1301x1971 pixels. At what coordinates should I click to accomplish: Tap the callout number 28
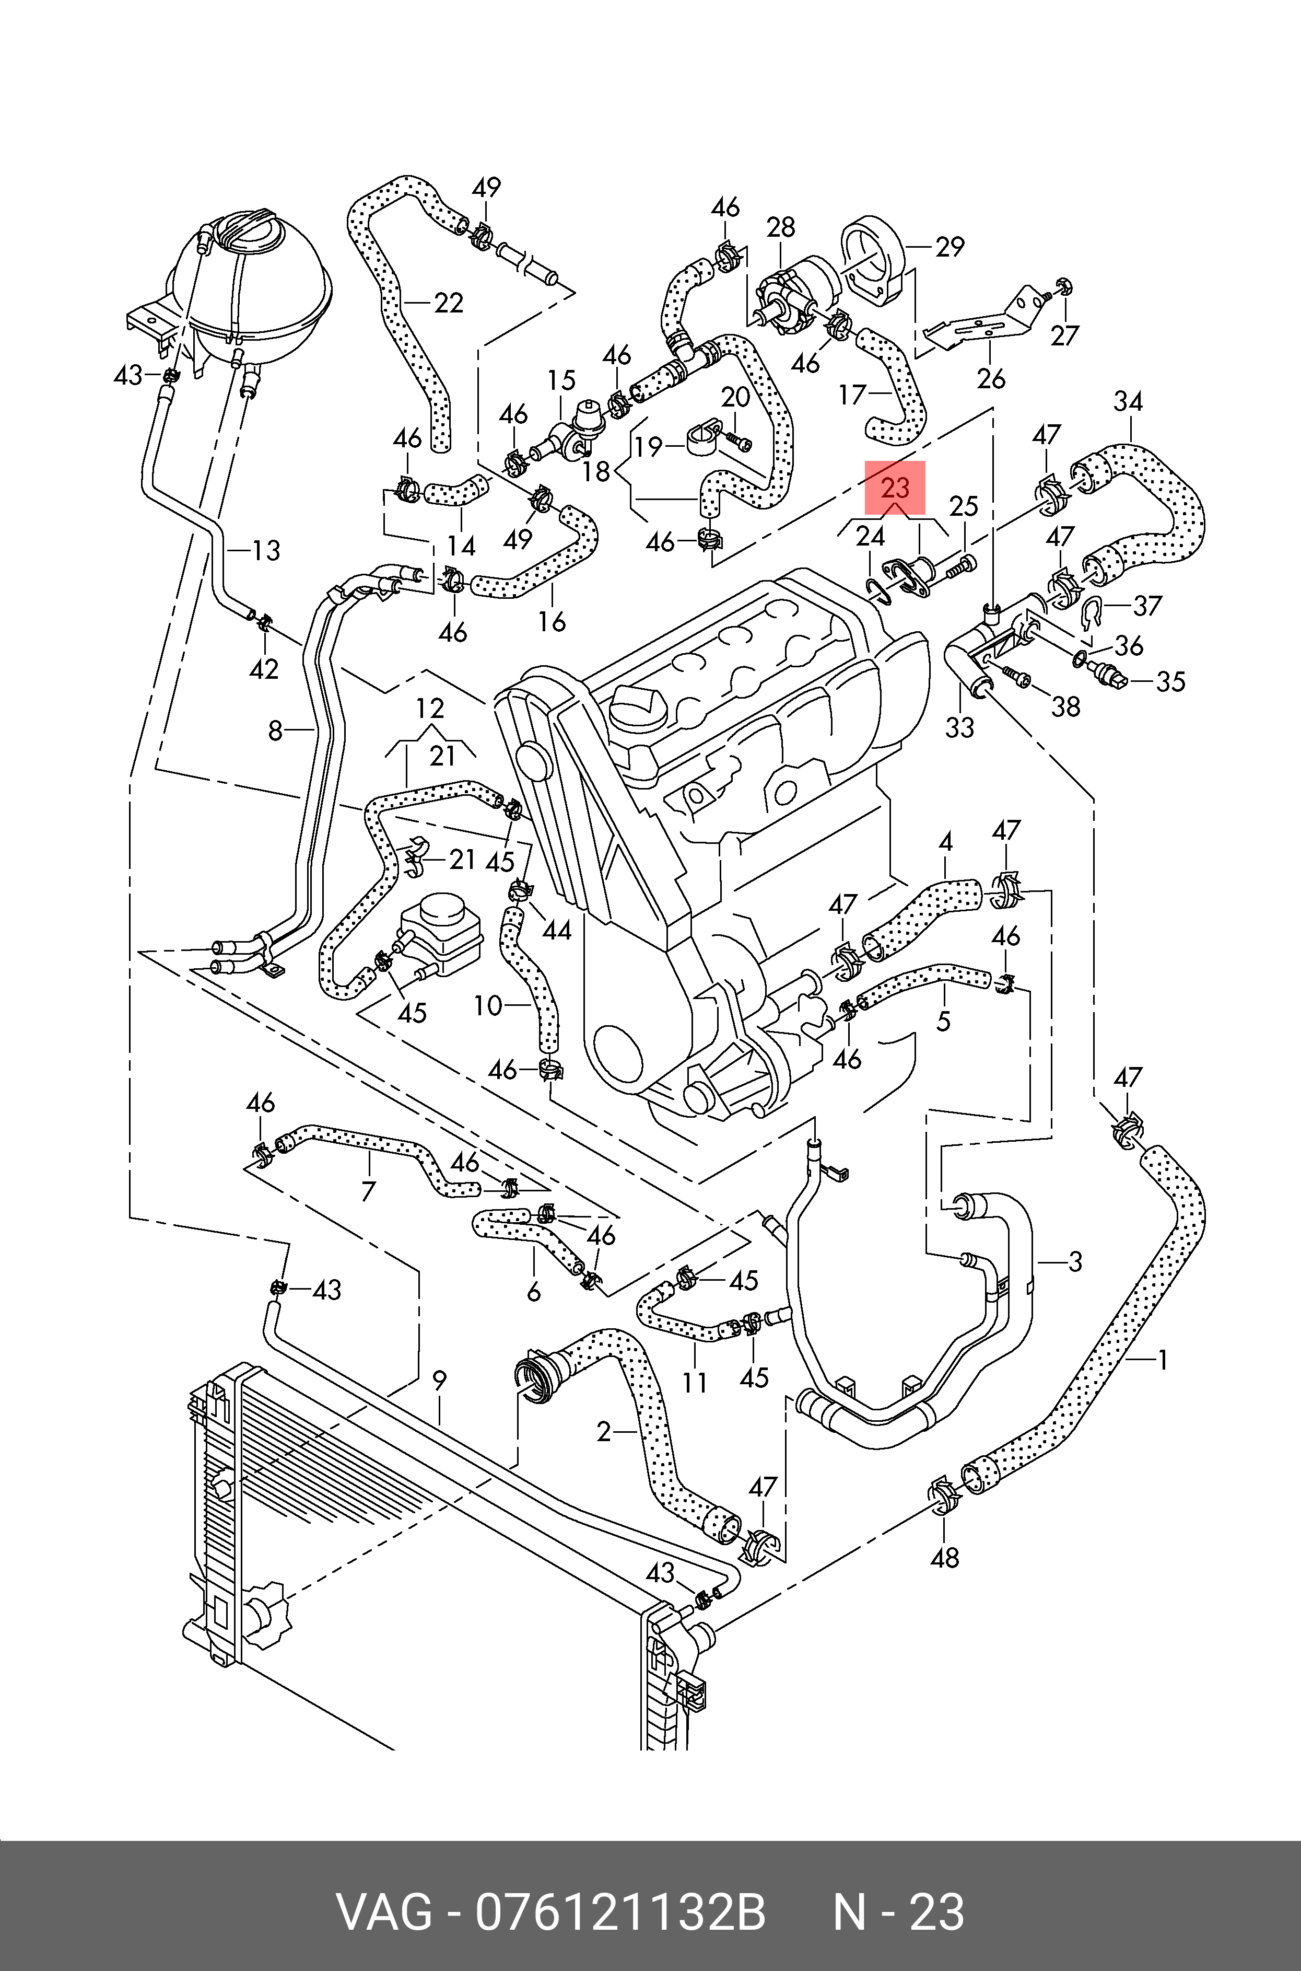click(x=781, y=227)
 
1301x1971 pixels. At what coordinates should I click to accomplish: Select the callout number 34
click(x=1128, y=402)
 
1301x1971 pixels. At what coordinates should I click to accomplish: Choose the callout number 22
click(x=448, y=303)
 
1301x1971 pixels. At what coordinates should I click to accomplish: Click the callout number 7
click(x=368, y=1192)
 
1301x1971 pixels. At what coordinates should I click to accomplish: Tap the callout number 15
click(x=561, y=381)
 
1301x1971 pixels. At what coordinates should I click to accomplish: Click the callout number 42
click(x=264, y=668)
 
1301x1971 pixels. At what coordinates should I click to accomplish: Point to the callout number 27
click(x=1064, y=335)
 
